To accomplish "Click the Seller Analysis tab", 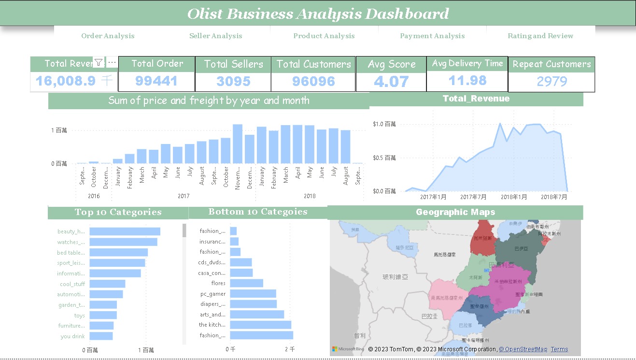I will tap(215, 36).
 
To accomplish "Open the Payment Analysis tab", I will tap(432, 36).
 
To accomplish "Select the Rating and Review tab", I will tap(540, 36).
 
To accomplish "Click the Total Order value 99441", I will tap(156, 81).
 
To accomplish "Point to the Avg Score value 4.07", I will tap(391, 81).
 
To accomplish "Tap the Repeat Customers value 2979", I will tap(551, 81).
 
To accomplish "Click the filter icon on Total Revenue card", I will tap(99, 63).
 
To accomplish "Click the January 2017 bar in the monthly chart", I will tap(118, 161).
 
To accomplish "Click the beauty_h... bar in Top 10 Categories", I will tap(125, 231).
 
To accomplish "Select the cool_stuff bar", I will tap(107, 284).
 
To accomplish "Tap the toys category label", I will tap(79, 316).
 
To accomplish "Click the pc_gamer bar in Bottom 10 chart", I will tap(253, 294).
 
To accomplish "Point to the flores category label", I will tap(218, 283).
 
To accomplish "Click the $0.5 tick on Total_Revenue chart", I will tap(384, 158).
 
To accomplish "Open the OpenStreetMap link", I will tap(523, 349).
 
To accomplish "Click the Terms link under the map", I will tap(559, 349).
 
